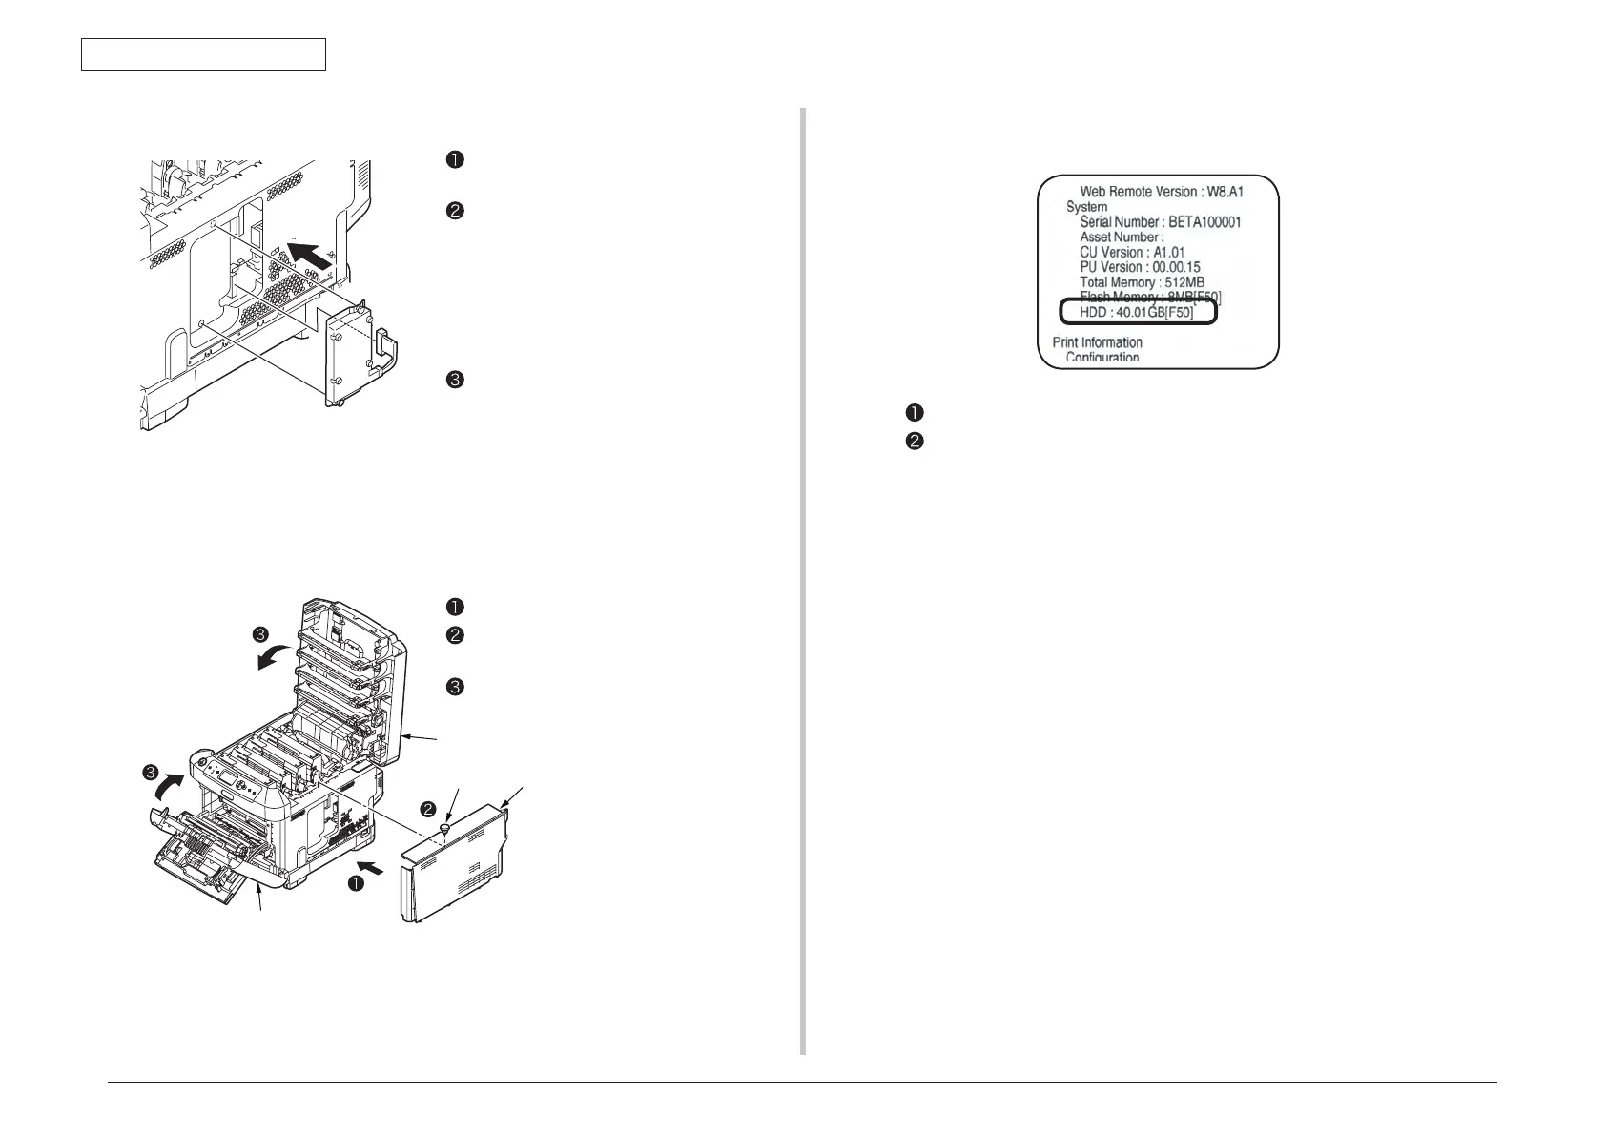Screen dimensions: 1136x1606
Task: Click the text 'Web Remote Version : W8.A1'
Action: tap(1162, 192)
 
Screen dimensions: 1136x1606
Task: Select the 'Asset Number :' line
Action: tap(1122, 238)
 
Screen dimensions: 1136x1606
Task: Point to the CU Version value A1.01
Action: tap(1169, 253)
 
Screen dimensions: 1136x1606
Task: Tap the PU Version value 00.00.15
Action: tap(1176, 268)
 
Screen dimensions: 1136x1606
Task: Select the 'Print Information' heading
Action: tap(1097, 342)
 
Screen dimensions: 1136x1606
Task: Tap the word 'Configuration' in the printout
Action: tap(1102, 358)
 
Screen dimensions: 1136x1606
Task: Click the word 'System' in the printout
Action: tap(1086, 207)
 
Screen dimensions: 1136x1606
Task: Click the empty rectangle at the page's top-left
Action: tap(203, 54)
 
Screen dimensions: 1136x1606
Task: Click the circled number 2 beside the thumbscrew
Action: tap(429, 810)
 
